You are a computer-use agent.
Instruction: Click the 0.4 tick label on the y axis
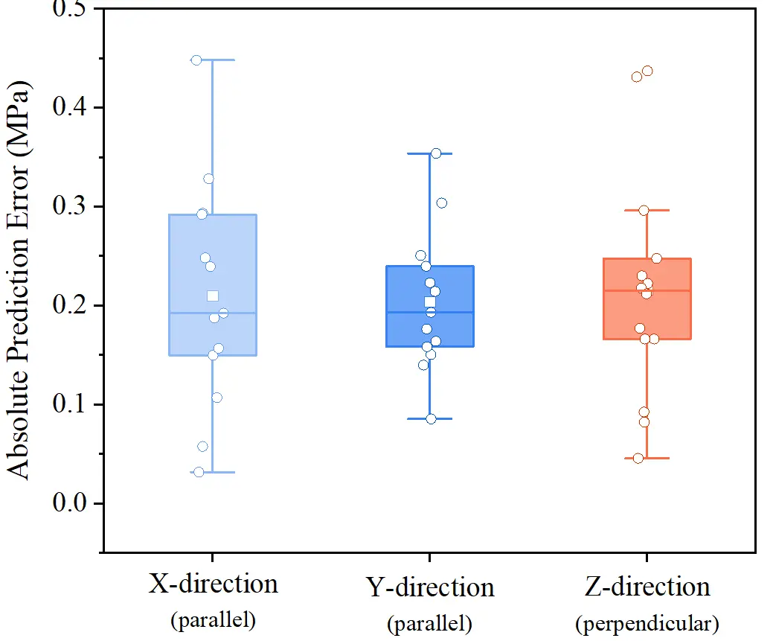click(x=68, y=107)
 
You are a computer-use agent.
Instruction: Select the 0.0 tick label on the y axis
click(x=68, y=503)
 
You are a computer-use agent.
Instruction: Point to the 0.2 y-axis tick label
click(x=68, y=305)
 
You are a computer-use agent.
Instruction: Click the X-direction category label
click(x=214, y=583)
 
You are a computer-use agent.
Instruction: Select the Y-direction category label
click(x=430, y=587)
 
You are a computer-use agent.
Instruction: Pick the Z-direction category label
click(x=647, y=587)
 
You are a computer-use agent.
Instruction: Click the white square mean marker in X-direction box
click(x=213, y=296)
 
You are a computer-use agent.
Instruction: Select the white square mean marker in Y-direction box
click(x=429, y=302)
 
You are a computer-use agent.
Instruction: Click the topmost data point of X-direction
click(x=196, y=60)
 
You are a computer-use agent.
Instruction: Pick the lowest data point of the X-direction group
click(x=199, y=472)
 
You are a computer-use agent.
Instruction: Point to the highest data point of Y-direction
click(x=436, y=153)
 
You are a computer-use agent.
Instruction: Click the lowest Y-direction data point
click(x=431, y=419)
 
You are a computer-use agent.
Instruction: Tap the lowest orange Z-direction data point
click(x=638, y=458)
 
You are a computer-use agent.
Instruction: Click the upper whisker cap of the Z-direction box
click(x=647, y=210)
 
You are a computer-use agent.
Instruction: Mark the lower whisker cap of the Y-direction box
click(x=430, y=418)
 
